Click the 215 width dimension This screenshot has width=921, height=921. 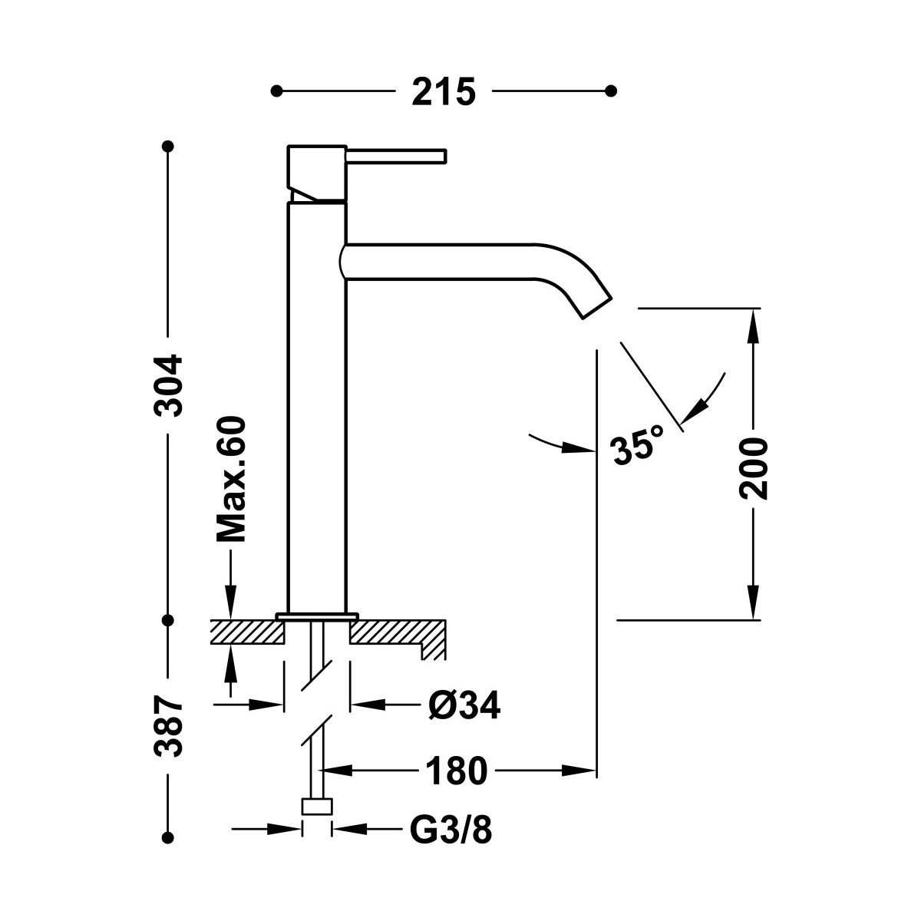(x=444, y=92)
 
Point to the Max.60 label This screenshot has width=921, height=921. (x=231, y=480)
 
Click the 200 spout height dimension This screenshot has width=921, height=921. (x=754, y=468)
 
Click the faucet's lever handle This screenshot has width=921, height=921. (x=396, y=156)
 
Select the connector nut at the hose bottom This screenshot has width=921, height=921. (x=317, y=807)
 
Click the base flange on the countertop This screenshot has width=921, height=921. (x=317, y=616)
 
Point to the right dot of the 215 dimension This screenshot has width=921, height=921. (x=611, y=91)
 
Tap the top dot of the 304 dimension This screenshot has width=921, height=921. (x=168, y=145)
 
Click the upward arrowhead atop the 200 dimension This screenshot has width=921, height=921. (x=754, y=322)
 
